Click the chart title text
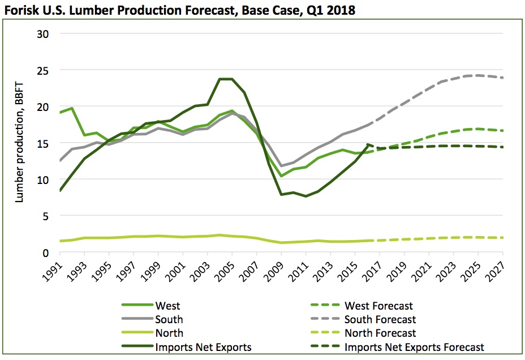[x=179, y=10]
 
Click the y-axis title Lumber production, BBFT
[x=20, y=143]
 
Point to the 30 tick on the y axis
[x=44, y=33]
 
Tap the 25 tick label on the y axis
[x=44, y=70]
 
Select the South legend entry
[x=169, y=320]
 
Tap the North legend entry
[x=169, y=333]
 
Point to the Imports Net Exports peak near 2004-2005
[x=226, y=79]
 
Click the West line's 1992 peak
[x=71, y=108]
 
